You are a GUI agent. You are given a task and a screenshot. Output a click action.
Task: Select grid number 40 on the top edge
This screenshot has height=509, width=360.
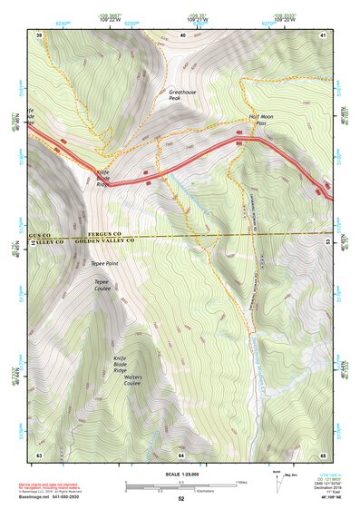click(182, 34)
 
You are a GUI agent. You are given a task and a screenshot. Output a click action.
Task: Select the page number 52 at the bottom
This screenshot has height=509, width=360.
click(181, 498)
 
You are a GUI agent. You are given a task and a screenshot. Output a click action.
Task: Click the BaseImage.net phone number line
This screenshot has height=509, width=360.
click(54, 497)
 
